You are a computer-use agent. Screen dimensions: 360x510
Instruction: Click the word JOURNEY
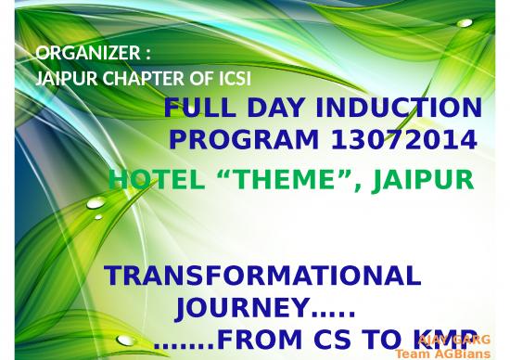tap(244, 307)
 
